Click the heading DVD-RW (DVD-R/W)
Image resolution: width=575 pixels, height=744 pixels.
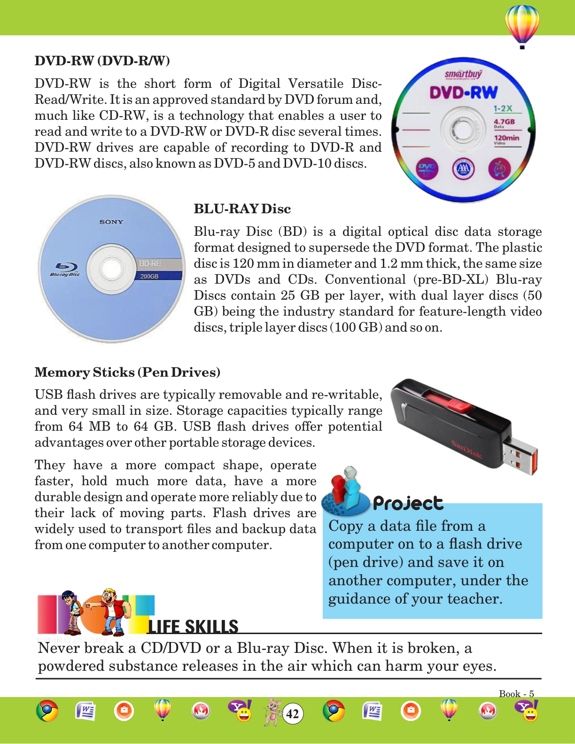point(102,61)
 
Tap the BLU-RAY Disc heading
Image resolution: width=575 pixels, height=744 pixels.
point(242,209)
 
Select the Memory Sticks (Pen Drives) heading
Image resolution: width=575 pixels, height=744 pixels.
point(127,372)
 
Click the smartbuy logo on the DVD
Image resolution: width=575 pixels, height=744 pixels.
point(463,74)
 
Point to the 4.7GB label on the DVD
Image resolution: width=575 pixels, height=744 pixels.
point(504,122)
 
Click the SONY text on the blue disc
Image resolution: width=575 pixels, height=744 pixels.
point(111,222)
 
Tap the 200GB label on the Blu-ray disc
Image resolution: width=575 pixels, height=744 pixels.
point(149,276)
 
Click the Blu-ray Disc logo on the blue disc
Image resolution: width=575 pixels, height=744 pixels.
point(65,269)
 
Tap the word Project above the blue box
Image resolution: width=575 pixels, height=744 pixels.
point(408,504)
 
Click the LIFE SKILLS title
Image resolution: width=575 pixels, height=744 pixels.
point(193,627)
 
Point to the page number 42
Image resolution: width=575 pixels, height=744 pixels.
point(293,714)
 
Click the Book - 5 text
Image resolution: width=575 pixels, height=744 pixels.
point(516,694)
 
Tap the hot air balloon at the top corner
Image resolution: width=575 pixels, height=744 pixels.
point(522,25)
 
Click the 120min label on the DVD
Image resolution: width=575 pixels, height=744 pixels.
point(506,138)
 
